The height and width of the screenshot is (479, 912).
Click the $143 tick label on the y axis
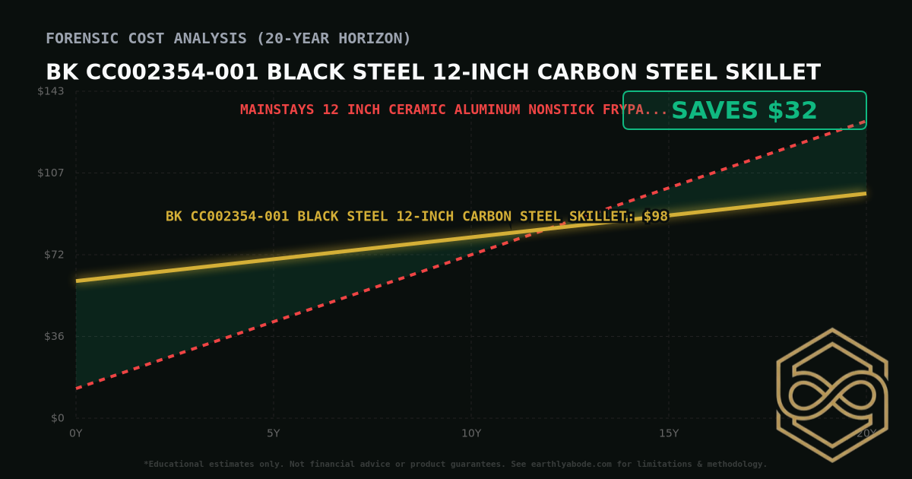51,91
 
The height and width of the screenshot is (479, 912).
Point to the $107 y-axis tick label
51,173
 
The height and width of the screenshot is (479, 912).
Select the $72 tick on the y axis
53,254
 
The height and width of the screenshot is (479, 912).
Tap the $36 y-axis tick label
53,336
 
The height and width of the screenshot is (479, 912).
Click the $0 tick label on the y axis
57,418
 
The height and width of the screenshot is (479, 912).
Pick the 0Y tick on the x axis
76,433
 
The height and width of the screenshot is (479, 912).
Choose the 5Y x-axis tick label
274,433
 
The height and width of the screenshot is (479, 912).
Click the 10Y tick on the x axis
471,433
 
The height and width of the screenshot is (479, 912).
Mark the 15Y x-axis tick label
669,433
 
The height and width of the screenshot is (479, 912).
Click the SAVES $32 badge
744,110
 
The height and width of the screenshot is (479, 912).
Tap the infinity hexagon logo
832,395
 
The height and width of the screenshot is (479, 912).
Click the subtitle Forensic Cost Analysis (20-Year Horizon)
228,38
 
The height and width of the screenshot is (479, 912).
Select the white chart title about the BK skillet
433,72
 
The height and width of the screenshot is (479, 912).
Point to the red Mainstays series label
454,109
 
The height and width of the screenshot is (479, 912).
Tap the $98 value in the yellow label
655,217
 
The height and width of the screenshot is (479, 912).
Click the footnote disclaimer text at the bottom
455,464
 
